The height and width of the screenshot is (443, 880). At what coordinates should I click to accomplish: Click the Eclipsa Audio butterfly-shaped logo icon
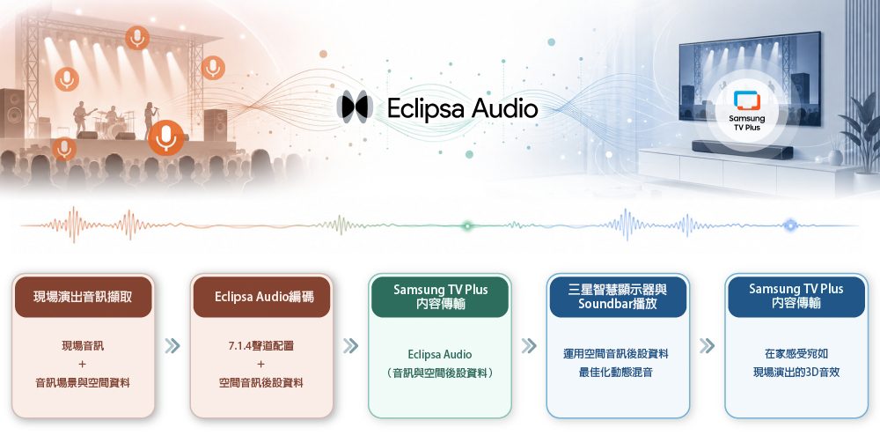[x=355, y=107]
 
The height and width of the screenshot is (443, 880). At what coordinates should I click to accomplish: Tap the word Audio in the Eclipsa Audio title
[x=504, y=107]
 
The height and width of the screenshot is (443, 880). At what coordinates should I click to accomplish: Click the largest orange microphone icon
[x=166, y=137]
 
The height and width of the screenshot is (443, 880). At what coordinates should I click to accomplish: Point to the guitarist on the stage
[x=81, y=118]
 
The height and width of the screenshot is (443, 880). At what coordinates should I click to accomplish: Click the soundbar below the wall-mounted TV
[x=742, y=150]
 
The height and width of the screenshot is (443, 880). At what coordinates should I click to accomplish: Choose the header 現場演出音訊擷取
[x=83, y=297]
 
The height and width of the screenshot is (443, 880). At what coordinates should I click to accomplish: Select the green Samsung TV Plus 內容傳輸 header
[x=441, y=297]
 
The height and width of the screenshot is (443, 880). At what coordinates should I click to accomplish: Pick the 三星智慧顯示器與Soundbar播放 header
[x=618, y=297]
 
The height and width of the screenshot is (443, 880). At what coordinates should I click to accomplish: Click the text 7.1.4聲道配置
[x=261, y=346]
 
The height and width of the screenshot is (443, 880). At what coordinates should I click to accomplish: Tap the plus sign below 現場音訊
[x=83, y=364]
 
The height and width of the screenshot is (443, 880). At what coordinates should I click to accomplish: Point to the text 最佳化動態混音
[x=616, y=372]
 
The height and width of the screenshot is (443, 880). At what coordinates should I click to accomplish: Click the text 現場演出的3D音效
[x=796, y=372]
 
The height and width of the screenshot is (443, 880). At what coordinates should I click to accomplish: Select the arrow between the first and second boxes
[x=172, y=346]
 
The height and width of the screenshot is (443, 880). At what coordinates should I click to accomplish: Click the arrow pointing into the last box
[x=708, y=346]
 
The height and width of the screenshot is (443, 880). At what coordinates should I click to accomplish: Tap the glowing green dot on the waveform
[x=467, y=225]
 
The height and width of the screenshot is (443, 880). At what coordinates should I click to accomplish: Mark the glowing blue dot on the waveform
[x=790, y=225]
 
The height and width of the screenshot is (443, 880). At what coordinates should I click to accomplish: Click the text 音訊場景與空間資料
[x=83, y=383]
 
